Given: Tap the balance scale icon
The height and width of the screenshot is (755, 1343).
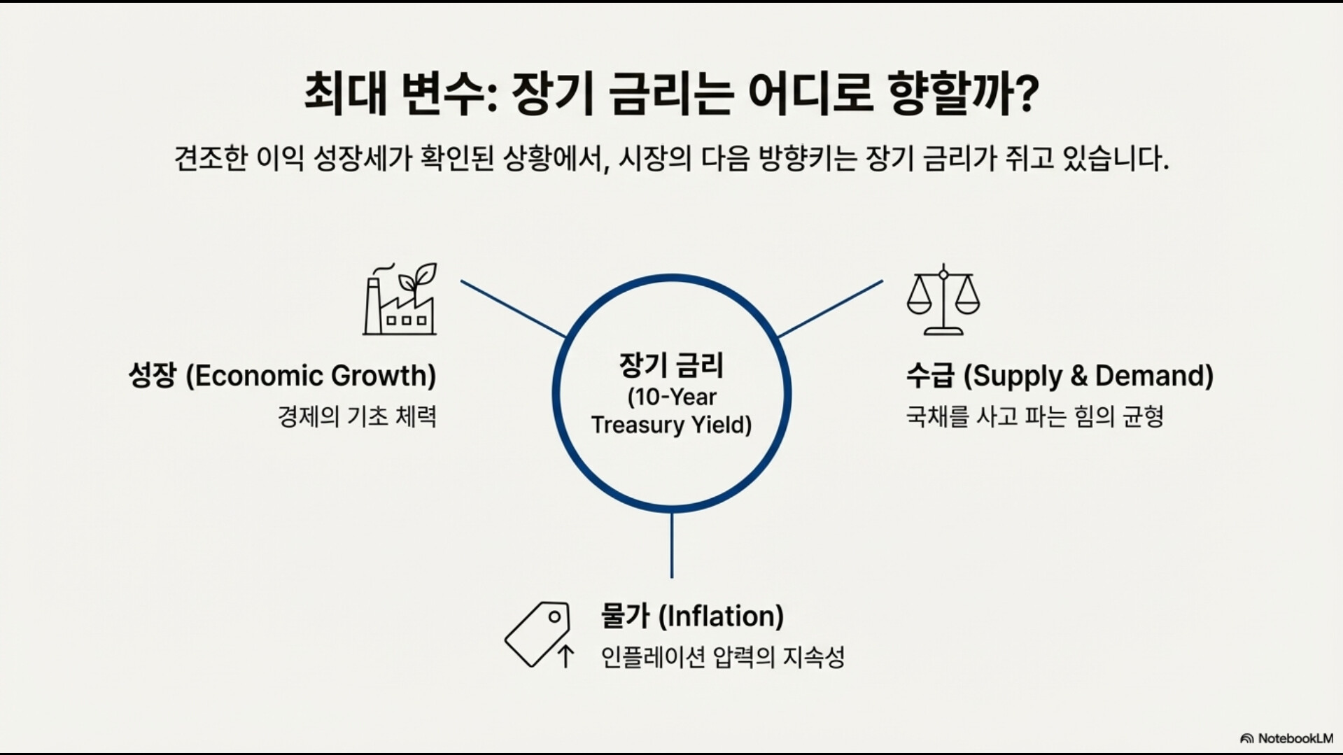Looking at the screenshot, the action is (x=943, y=299).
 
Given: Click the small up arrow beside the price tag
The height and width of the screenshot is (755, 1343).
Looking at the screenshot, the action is (x=565, y=656).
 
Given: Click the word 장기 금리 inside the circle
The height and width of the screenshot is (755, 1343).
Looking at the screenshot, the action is (x=671, y=365).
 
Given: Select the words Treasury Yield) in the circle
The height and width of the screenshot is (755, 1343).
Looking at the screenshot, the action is (x=671, y=425).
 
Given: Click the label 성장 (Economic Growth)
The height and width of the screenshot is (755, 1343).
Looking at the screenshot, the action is (x=282, y=376).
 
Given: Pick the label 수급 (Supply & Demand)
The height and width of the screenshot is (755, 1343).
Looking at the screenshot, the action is (x=1060, y=376).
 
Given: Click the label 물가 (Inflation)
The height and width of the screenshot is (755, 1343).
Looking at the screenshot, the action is (x=692, y=616).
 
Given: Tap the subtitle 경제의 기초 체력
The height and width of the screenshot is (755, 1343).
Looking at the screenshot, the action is (x=357, y=416).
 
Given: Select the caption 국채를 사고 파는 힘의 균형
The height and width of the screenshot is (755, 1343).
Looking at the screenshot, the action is (x=1034, y=416).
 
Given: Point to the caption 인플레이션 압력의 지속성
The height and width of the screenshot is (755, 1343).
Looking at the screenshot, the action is (x=723, y=656).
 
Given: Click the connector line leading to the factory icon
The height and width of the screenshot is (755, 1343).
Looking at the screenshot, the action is (x=513, y=309).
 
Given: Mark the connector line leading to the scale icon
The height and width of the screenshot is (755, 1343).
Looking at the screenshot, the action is (x=830, y=309).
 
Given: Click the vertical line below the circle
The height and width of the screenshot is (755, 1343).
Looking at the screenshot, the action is (x=672, y=546).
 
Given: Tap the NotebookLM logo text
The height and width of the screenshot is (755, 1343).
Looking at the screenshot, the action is (x=1295, y=738).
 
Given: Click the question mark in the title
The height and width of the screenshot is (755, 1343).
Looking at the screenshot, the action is (x=1025, y=94).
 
